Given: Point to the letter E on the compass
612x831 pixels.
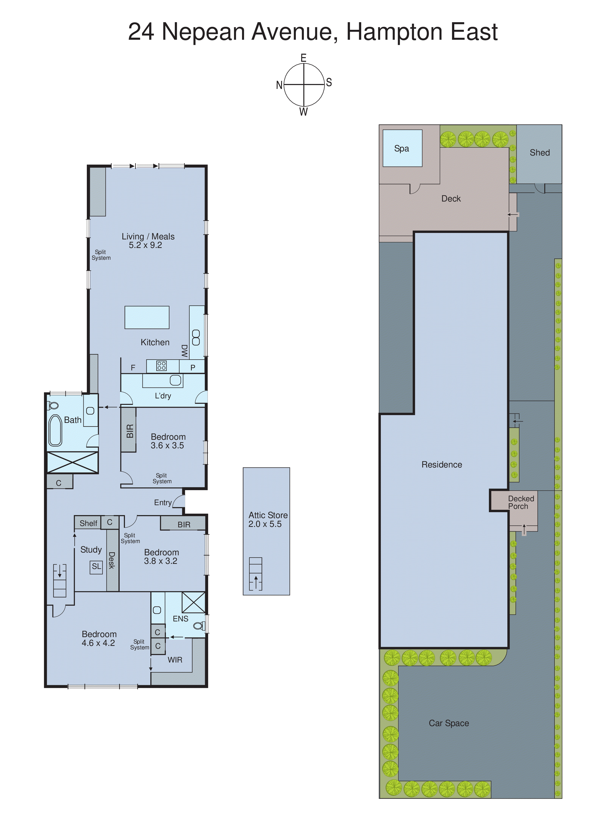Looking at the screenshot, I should pos(303,58).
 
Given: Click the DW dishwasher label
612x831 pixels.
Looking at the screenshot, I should pos(184,351).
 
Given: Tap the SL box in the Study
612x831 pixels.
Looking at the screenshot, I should pos(96,566).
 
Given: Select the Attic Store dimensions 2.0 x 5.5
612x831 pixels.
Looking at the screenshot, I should pos(265,524).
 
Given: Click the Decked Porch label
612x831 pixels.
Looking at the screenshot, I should pos(521,502).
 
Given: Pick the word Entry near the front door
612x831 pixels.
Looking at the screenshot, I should pos(163,503).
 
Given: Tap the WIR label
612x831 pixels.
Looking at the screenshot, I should pos(175,660).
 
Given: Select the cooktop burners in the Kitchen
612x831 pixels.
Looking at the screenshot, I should pos(161,366).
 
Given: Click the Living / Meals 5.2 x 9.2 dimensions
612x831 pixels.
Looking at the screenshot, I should pos(145,245).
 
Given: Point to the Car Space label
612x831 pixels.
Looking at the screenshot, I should pos(449,723).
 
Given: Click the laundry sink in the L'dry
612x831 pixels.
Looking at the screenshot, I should pos(175,380).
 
